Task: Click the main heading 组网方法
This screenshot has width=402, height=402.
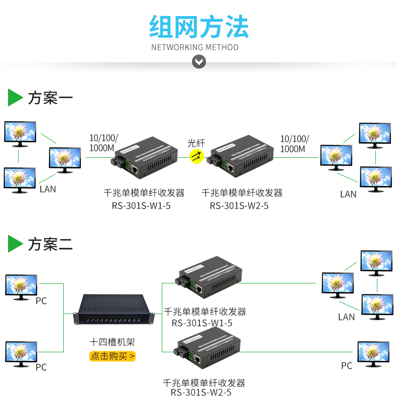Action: tap(199, 26)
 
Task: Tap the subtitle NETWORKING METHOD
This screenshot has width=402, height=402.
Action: tap(195, 47)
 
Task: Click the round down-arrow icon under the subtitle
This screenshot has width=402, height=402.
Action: tap(199, 62)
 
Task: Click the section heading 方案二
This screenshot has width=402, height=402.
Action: tap(50, 245)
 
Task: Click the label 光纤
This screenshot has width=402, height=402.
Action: tap(196, 143)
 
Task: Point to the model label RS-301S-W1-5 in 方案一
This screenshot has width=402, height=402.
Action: tap(141, 206)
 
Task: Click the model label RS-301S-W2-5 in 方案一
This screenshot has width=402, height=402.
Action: tap(239, 206)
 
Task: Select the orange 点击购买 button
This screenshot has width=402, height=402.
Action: tap(113, 356)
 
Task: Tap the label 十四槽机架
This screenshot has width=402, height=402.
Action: tap(112, 343)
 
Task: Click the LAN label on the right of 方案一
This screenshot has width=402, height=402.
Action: tap(348, 194)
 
